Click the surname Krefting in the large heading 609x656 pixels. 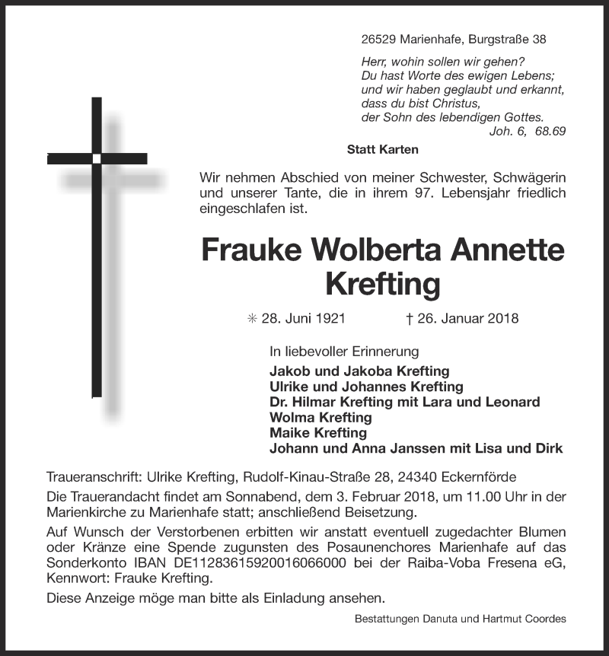[383, 284]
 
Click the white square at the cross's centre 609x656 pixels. [97, 158]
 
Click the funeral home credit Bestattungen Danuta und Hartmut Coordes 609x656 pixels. [460, 619]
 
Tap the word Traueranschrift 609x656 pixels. [94, 477]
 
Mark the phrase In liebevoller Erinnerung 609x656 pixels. [344, 352]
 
